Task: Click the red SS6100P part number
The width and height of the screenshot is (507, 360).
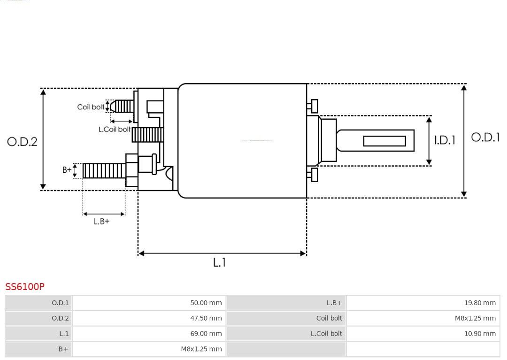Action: pyautogui.click(x=25, y=286)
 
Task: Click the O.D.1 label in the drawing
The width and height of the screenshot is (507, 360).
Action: pyautogui.click(x=485, y=138)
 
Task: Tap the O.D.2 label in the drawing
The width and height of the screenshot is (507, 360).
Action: pyautogui.click(x=22, y=142)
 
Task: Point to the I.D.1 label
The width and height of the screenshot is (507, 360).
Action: pyautogui.click(x=444, y=140)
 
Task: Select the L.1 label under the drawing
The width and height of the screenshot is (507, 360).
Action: pyautogui.click(x=220, y=263)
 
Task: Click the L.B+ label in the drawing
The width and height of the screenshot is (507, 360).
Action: pyautogui.click(x=101, y=222)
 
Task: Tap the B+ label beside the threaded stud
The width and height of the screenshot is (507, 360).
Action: pyautogui.click(x=67, y=170)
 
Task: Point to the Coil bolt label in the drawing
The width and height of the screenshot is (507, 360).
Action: pyautogui.click(x=91, y=107)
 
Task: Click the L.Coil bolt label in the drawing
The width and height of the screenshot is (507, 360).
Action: pyautogui.click(x=115, y=129)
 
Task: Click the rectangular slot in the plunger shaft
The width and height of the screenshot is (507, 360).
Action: pyautogui.click(x=384, y=141)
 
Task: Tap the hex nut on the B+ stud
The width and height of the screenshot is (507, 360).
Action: pyautogui.click(x=131, y=170)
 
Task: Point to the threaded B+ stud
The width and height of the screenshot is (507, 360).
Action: pyautogui.click(x=104, y=170)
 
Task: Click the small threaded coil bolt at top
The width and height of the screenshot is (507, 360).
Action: pyautogui.click(x=123, y=106)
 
